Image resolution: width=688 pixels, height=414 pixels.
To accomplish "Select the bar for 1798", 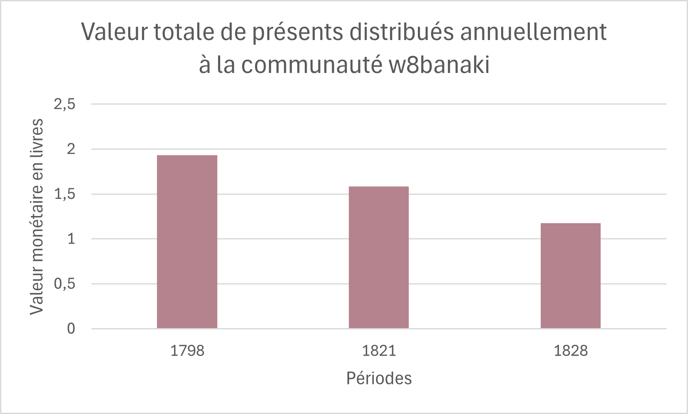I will point(187,242).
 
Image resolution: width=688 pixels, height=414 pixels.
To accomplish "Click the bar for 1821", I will point(379,257).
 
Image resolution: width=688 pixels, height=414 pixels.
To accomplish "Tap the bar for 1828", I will point(570,276).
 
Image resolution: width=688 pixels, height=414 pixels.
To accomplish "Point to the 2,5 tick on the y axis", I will point(65,104).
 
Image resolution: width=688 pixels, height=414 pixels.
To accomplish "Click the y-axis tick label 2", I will point(71,149).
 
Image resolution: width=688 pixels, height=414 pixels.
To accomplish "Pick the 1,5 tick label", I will point(65,194).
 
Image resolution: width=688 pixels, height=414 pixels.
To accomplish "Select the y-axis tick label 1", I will point(71,239).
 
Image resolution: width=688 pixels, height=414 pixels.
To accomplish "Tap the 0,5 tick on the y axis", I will point(65,284).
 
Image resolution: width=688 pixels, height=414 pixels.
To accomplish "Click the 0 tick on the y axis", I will point(71,329).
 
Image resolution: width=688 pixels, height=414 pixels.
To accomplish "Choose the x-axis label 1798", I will point(187,351).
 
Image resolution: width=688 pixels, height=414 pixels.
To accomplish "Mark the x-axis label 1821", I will point(379,351).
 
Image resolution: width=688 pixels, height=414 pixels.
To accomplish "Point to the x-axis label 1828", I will point(571,351).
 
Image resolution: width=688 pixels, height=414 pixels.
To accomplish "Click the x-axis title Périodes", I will point(379,379).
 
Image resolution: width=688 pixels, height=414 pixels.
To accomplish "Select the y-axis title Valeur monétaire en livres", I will point(37,216).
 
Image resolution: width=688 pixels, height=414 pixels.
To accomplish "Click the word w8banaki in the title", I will point(439,65).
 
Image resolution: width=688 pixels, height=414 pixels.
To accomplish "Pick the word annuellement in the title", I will point(533,32).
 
